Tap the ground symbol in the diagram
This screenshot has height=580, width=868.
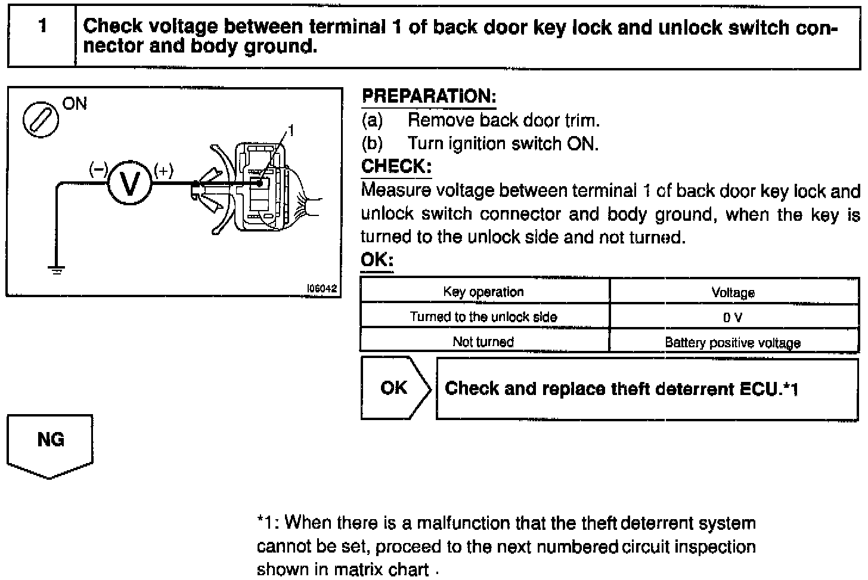(x=57, y=269)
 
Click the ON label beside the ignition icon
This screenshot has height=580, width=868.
(x=75, y=104)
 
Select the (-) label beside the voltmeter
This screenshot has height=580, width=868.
(x=98, y=169)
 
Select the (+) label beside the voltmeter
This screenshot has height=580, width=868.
(x=163, y=171)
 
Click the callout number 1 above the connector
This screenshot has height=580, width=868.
(x=292, y=129)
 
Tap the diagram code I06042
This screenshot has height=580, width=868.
(x=322, y=288)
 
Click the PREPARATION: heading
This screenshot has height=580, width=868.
(x=429, y=96)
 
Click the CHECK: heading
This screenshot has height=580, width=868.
(x=396, y=166)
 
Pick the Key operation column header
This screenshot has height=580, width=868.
(x=483, y=292)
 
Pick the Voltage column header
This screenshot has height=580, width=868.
(x=733, y=292)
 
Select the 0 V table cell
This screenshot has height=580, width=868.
(x=733, y=317)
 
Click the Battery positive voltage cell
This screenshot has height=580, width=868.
(x=733, y=343)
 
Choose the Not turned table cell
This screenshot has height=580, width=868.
(x=483, y=342)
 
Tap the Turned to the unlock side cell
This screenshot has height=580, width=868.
(x=483, y=317)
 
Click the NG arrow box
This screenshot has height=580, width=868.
(x=50, y=442)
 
